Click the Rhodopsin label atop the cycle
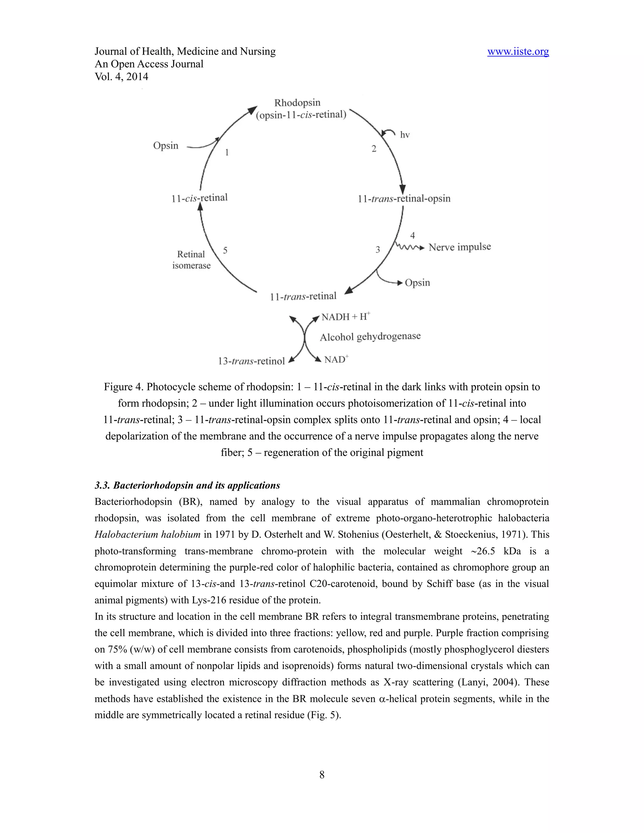click(x=297, y=102)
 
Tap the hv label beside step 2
click(x=404, y=135)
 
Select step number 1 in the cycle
click(x=227, y=152)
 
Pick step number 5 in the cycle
click(x=225, y=250)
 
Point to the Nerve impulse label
click(x=459, y=247)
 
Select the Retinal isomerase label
click(x=191, y=260)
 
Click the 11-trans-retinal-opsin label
click(x=404, y=198)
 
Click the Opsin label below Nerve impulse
click(x=417, y=283)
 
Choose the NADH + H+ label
click(x=345, y=317)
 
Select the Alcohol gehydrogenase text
click(x=370, y=337)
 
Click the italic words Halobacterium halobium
click(x=147, y=534)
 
